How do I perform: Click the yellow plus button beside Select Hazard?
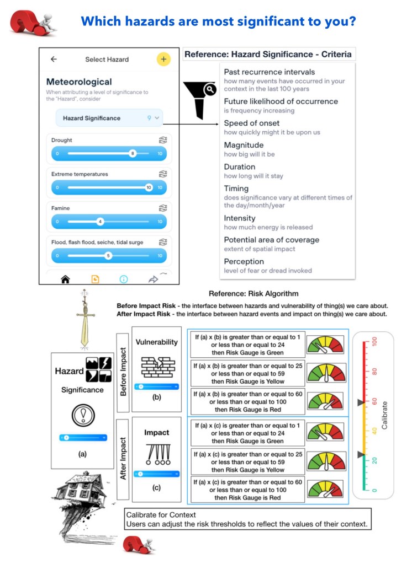point(163,60)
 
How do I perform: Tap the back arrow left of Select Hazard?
point(54,60)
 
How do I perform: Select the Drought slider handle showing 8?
point(133,153)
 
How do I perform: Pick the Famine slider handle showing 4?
point(100,222)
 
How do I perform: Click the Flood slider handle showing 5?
point(108,256)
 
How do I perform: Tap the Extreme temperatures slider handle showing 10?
point(149,187)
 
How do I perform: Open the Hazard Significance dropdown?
point(109,118)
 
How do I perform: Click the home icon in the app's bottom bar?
point(65,280)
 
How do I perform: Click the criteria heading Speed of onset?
point(251,123)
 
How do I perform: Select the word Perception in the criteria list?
point(244,261)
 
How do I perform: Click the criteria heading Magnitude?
point(244,145)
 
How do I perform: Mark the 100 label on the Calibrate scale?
point(375,342)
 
